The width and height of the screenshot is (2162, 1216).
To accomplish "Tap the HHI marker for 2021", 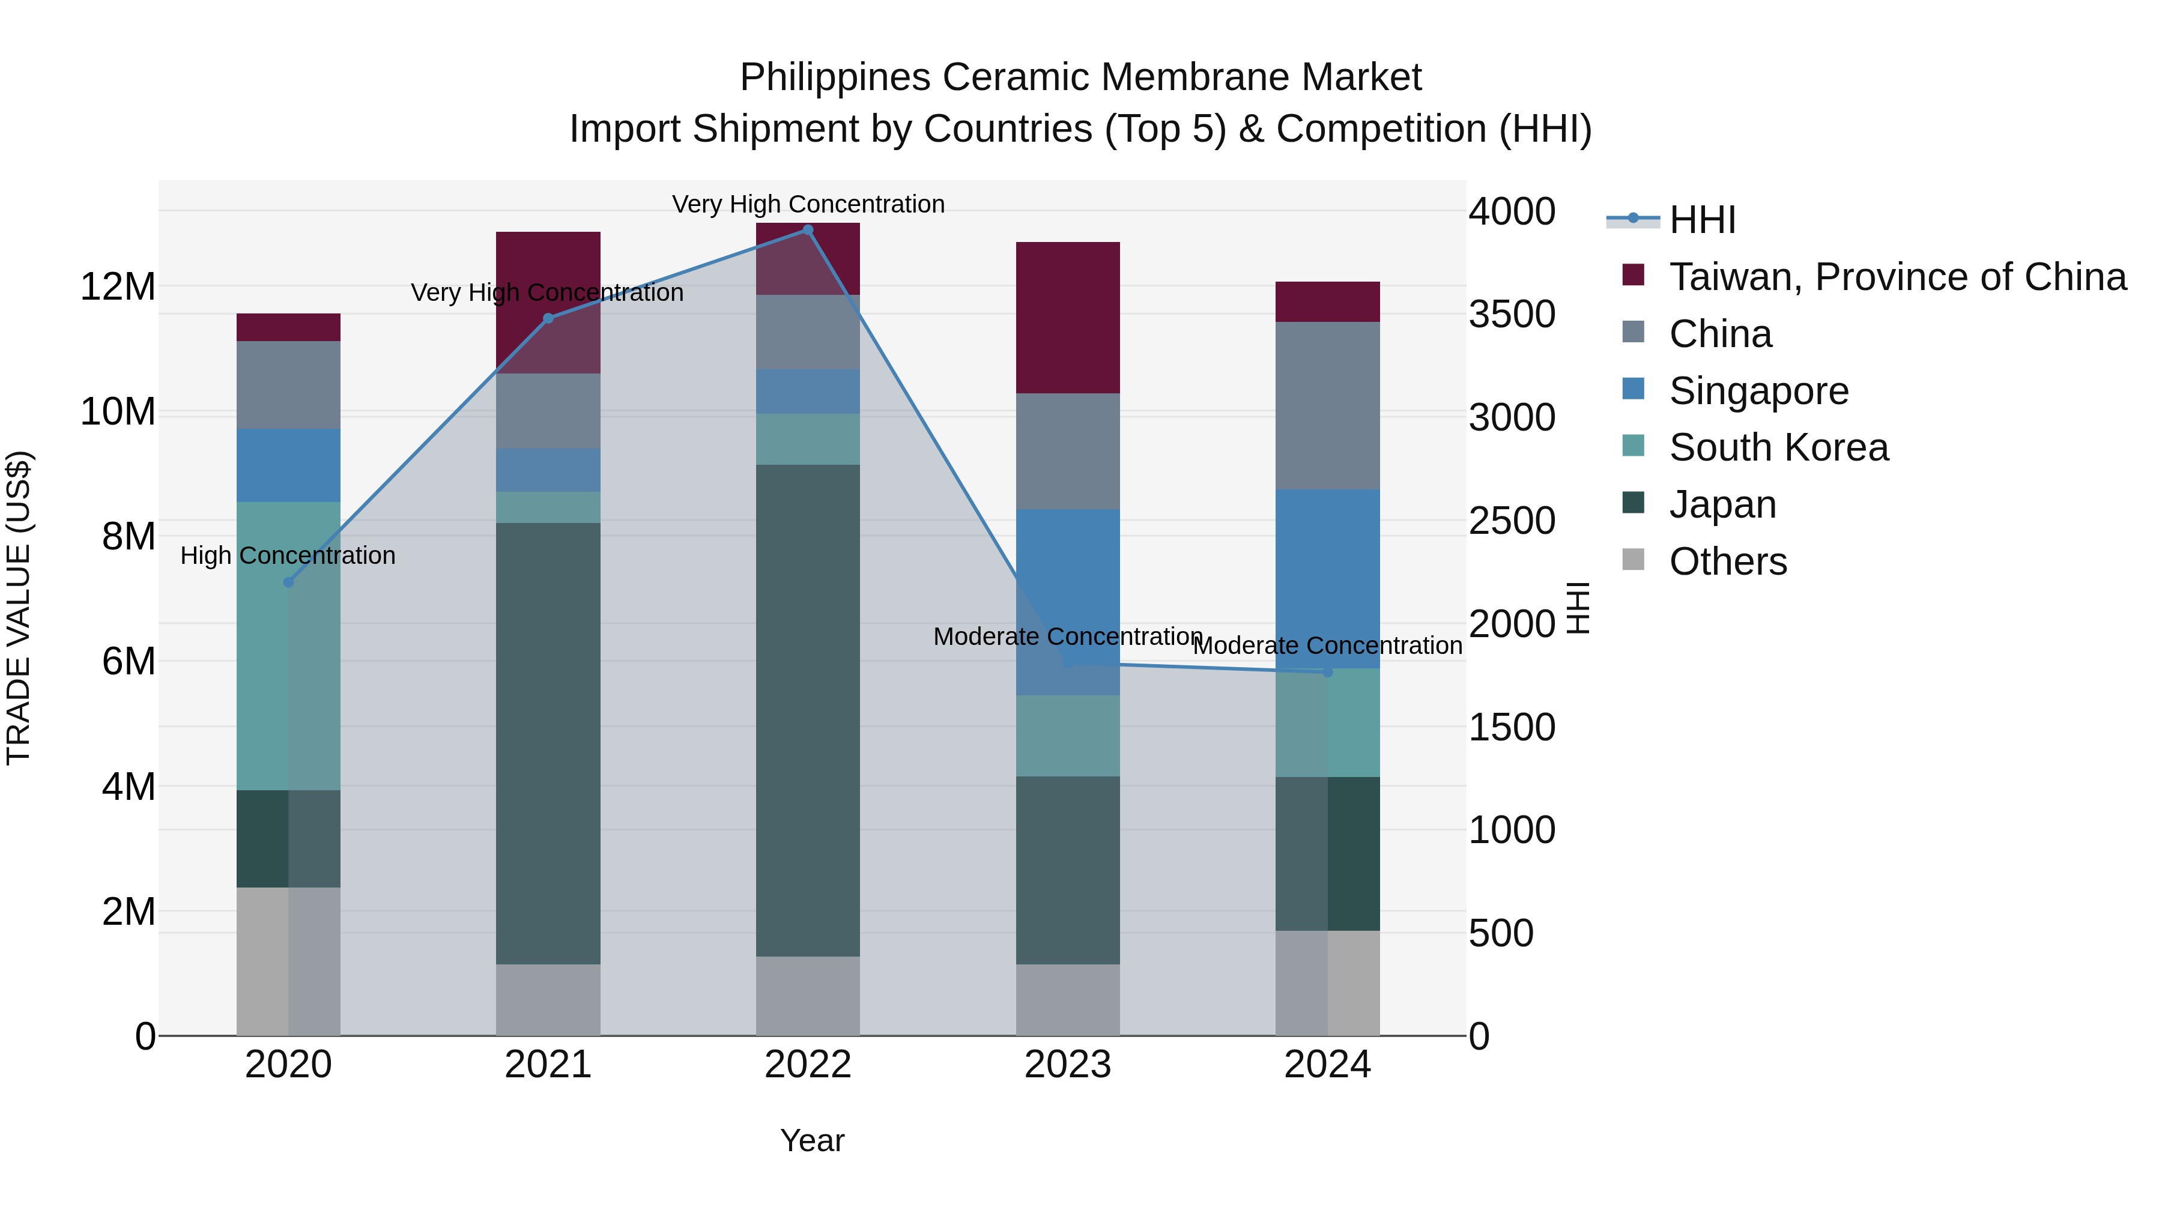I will coord(548,319).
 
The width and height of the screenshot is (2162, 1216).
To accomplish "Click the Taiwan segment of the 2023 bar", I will coord(1068,317).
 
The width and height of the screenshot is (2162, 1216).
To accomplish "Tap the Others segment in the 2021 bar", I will coord(548,999).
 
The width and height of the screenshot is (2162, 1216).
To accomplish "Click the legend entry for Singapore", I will coord(1758,391).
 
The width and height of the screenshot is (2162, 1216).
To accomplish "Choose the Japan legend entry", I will coord(1722,505).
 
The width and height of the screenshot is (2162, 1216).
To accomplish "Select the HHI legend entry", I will coord(1702,220).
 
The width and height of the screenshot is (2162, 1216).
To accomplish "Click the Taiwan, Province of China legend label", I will coord(1897,277).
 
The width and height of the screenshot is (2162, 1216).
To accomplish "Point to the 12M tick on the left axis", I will coord(118,287).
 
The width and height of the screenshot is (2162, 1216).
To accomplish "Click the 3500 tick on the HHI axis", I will coord(1512,315).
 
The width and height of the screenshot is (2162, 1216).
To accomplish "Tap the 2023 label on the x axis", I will coord(1068,1065).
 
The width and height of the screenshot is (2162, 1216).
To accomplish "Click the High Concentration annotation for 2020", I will coord(288,555).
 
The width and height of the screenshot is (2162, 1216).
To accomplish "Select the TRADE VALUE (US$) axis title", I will coord(19,608).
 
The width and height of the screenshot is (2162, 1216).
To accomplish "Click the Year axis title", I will coord(811,1140).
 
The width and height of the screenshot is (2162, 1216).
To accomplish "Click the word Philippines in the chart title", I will coord(835,77).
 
